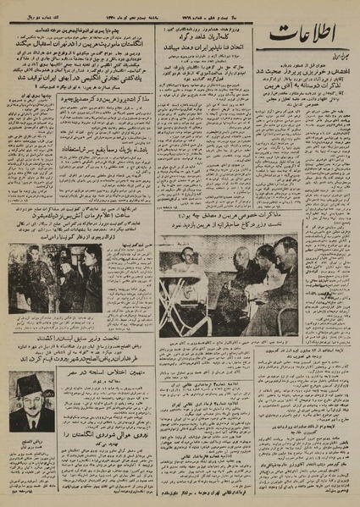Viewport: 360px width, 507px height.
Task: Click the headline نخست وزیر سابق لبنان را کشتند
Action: [x=86, y=335]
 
